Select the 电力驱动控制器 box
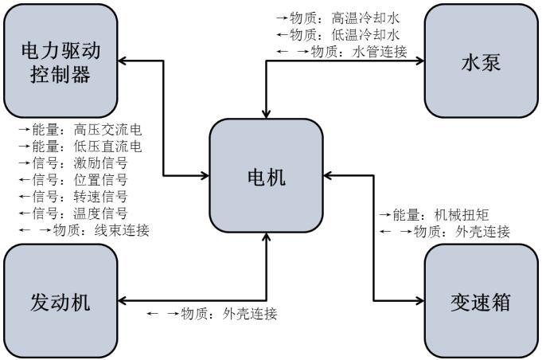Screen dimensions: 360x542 point(62,61)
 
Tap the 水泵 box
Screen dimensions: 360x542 point(482,61)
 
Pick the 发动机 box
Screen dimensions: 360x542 point(60,302)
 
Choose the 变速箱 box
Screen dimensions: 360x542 point(482,302)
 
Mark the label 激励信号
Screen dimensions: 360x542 point(100,162)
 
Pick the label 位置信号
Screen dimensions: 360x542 point(100,179)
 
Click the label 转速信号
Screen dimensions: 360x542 point(100,196)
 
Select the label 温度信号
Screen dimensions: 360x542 point(100,213)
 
